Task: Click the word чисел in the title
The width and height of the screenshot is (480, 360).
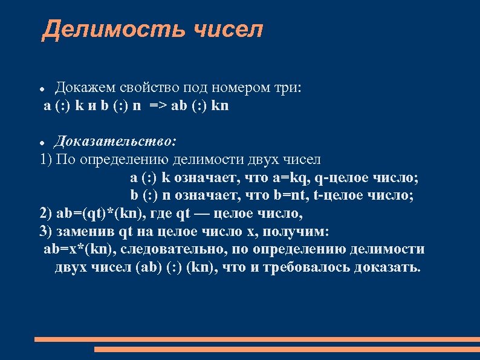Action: [x=229, y=29]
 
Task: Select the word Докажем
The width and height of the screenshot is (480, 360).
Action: [x=82, y=88]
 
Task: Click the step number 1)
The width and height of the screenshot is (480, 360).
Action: [x=47, y=160]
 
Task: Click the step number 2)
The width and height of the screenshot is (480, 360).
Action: [x=47, y=214]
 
